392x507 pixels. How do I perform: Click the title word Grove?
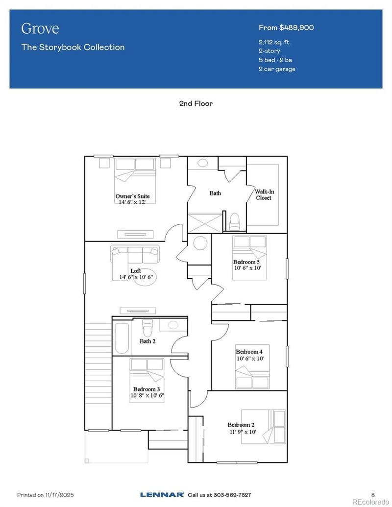coord(40,28)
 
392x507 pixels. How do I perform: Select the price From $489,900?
coord(286,27)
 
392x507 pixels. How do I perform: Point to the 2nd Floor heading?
coord(196,103)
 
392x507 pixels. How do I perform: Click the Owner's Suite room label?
coord(132,196)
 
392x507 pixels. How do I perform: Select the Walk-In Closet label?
coord(263,194)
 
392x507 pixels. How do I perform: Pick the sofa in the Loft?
coord(135,254)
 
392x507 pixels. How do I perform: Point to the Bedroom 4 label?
coord(249,352)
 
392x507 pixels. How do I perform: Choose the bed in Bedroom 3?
coord(147,380)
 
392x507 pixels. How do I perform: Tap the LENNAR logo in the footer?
coord(162,495)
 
